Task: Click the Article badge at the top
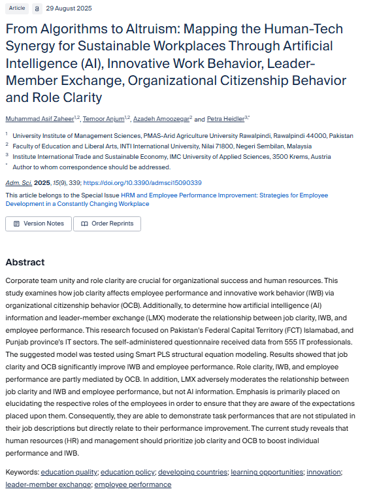[x=17, y=8]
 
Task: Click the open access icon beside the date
[x=37, y=8]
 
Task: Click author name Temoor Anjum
[x=106, y=119]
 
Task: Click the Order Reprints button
[x=107, y=224]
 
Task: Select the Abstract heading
[x=25, y=262]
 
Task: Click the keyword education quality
[x=69, y=472]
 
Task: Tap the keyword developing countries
[x=193, y=472]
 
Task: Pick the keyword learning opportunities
[x=267, y=472]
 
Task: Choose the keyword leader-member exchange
[x=48, y=484]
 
